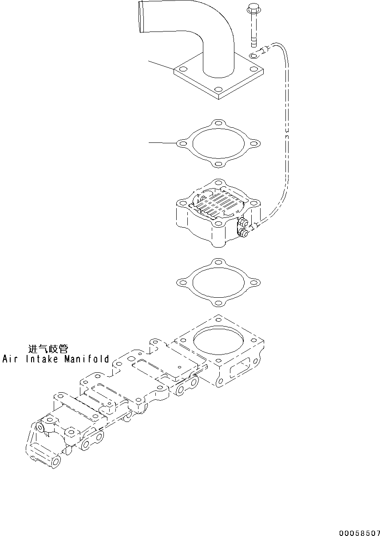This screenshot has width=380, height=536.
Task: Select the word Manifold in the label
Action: click(x=86, y=359)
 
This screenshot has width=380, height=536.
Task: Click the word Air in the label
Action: click(x=10, y=359)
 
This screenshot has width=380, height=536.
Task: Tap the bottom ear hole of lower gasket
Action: click(x=218, y=303)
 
